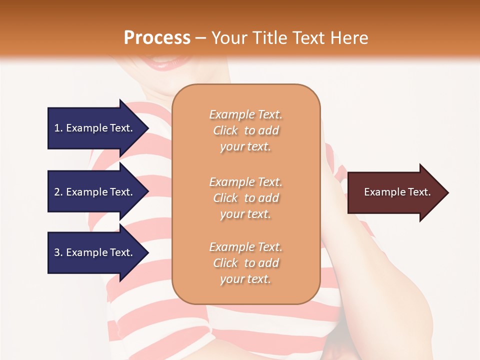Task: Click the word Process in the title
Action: (157, 37)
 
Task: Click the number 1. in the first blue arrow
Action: (58, 128)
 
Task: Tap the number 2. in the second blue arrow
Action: (58, 192)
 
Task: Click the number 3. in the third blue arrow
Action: (58, 252)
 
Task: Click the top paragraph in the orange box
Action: (246, 130)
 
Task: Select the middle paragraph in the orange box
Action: (246, 198)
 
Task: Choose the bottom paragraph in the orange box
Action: (246, 263)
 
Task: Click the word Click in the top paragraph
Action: (225, 130)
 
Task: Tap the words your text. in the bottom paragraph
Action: (245, 279)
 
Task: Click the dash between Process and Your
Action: (201, 38)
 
